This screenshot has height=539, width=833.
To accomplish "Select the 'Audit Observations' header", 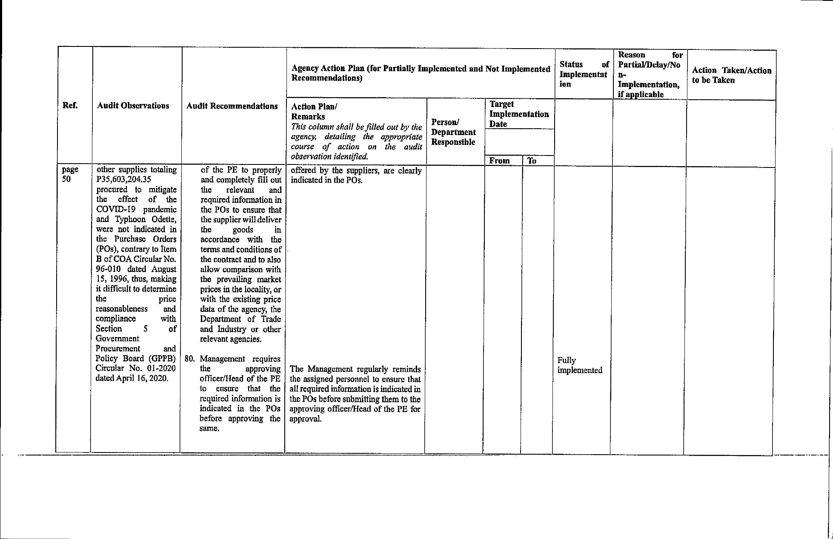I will click(x=133, y=106).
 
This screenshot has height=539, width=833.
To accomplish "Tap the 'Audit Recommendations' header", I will click(x=232, y=106).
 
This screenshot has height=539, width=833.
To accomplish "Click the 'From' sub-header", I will click(x=499, y=161).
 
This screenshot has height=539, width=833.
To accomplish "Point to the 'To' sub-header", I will click(x=532, y=161).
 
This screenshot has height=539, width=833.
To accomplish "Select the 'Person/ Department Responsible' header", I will click(x=453, y=132).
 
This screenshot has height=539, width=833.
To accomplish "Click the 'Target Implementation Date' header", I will click(x=519, y=114).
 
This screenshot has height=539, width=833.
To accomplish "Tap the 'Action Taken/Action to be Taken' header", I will click(x=731, y=75).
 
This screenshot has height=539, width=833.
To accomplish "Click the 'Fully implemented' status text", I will click(x=580, y=365).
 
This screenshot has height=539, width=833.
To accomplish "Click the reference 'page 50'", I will click(x=70, y=174).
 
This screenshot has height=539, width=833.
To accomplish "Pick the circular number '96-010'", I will click(x=109, y=269).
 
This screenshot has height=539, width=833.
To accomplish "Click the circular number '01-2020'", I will click(x=161, y=368).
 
